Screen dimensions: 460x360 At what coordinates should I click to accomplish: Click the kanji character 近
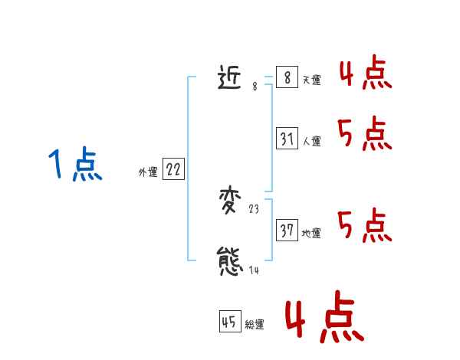tap(232, 77)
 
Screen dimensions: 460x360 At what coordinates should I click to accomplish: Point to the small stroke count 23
tap(255, 208)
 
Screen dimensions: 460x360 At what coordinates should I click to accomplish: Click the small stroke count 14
tap(255, 270)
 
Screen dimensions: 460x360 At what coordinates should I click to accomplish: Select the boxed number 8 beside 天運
tap(287, 77)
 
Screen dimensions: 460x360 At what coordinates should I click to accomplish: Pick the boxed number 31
tap(287, 139)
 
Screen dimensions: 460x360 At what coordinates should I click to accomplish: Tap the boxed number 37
tap(287, 231)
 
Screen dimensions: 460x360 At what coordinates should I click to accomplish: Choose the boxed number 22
tap(173, 170)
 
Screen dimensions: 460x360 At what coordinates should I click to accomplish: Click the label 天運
tap(311, 80)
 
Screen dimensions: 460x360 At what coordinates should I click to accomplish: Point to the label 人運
tap(311, 142)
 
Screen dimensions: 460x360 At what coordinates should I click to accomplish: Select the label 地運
tap(311, 234)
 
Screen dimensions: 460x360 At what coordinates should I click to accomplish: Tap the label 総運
tap(255, 326)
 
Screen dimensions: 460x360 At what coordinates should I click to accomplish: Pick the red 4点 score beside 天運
tap(365, 72)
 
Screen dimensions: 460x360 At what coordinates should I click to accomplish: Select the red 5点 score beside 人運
tap(365, 134)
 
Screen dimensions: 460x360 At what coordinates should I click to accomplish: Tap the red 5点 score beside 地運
tap(365, 225)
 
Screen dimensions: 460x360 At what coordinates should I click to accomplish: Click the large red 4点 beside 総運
tap(324, 319)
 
